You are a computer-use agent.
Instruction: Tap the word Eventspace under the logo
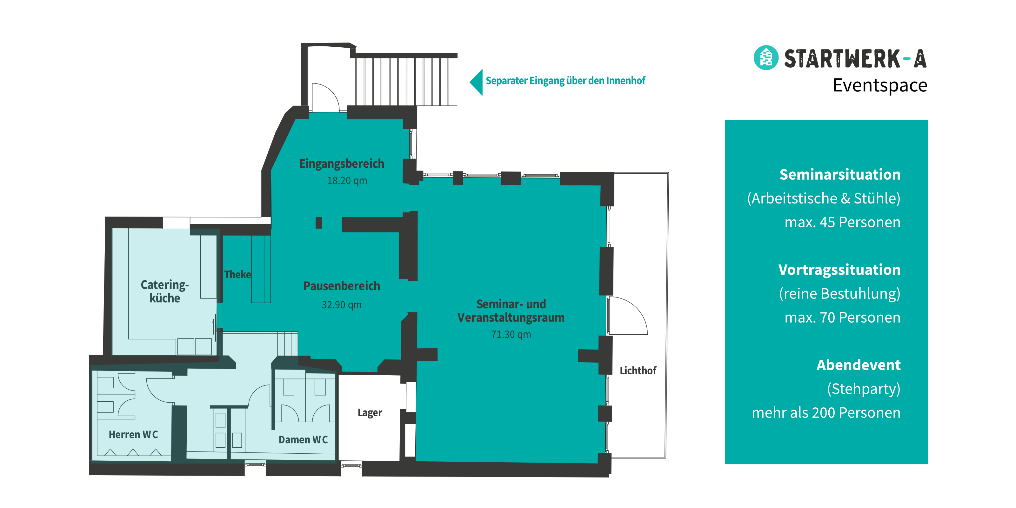click(880, 85)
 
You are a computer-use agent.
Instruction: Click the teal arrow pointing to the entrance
click(476, 82)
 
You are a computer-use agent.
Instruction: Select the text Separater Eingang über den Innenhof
click(565, 81)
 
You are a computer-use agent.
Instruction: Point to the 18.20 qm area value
click(347, 181)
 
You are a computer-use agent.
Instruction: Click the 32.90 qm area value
click(342, 304)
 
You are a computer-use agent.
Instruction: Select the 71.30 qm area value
click(511, 334)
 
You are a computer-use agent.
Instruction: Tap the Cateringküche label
click(165, 291)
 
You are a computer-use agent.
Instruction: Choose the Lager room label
click(370, 412)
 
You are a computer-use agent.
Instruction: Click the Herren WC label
click(133, 435)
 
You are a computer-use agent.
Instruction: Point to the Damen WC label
click(303, 439)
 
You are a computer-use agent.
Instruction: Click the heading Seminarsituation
click(840, 174)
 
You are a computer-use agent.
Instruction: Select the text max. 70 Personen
click(842, 317)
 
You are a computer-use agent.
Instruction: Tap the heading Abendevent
click(859, 365)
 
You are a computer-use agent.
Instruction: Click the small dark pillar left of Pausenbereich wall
click(318, 223)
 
